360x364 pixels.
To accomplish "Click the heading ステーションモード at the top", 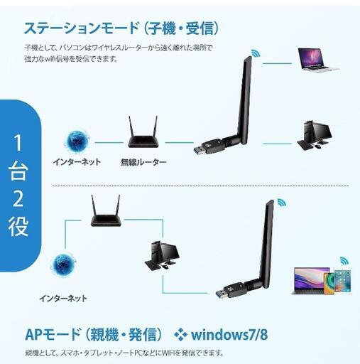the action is point(81,28).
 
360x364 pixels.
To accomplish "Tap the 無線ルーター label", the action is point(143,162).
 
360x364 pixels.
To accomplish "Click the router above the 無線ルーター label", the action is point(143,132).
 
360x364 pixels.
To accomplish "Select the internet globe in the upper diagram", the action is point(77,141).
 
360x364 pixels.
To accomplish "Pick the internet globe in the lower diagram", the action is point(63,264).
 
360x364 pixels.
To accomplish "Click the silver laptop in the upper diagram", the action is point(318,59).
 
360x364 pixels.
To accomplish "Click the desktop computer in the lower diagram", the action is point(162,255).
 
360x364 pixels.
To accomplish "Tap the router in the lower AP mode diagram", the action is point(106,211).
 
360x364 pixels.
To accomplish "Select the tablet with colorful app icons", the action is point(342,281).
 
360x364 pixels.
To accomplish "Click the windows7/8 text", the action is point(229,334).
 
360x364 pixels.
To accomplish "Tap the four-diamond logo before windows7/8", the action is point(181,334).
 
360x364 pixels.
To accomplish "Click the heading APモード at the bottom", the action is point(53,334).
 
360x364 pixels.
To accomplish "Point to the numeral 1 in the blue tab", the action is point(18,143).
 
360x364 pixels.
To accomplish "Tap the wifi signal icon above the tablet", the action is point(344,261).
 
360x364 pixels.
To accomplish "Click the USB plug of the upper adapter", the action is point(199,151).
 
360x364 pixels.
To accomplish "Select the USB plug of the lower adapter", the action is point(222,294).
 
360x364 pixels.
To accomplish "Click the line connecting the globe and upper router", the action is point(109,142).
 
